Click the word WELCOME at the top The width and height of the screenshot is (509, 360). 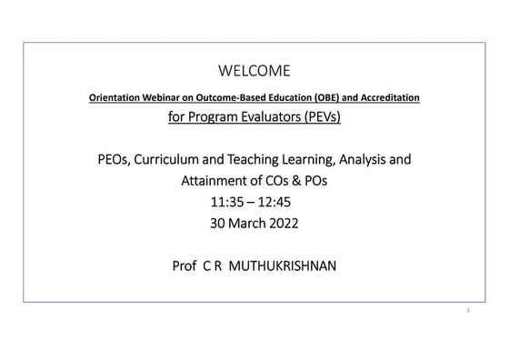click(254, 71)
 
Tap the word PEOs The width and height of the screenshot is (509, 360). click(115, 161)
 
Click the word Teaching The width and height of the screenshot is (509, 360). click(264, 161)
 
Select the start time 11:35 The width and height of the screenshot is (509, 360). click(226, 201)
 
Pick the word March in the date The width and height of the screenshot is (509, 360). click(241, 221)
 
